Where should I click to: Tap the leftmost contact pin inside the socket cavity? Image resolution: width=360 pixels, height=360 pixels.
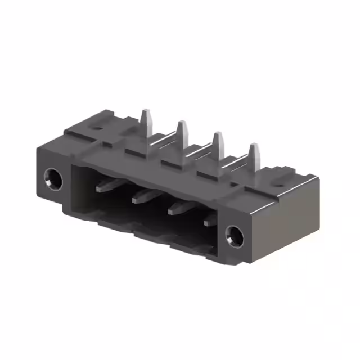pyautogui.click(x=107, y=185)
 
